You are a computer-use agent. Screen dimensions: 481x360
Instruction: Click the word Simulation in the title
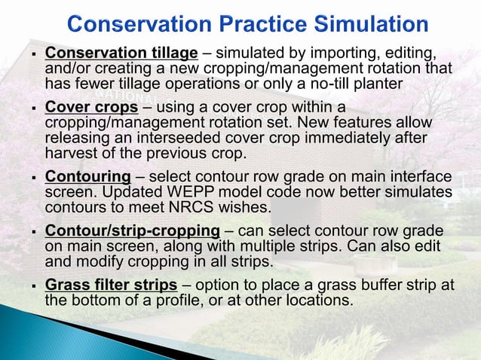[x=371, y=24]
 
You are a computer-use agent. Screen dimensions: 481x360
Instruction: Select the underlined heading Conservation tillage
[x=121, y=53]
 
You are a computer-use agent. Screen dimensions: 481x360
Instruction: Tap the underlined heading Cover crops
[x=91, y=108]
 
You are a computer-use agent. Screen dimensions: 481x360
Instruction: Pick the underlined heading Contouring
[x=88, y=177]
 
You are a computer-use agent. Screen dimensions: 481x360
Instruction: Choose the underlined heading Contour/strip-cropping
[x=133, y=231]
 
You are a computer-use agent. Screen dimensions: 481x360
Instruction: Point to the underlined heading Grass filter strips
[x=111, y=285]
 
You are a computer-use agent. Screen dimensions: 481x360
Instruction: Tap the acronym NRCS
[x=191, y=207]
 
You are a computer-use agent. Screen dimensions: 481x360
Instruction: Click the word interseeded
[x=179, y=138]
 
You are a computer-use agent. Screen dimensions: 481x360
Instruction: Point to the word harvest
[x=71, y=153]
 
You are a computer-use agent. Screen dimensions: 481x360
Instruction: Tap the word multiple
[x=268, y=246]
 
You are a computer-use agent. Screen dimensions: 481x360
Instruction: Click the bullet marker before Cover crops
[x=34, y=108]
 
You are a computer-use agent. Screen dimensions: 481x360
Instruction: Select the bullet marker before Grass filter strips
[x=34, y=286]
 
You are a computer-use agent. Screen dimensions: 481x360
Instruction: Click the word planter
[x=378, y=84]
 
